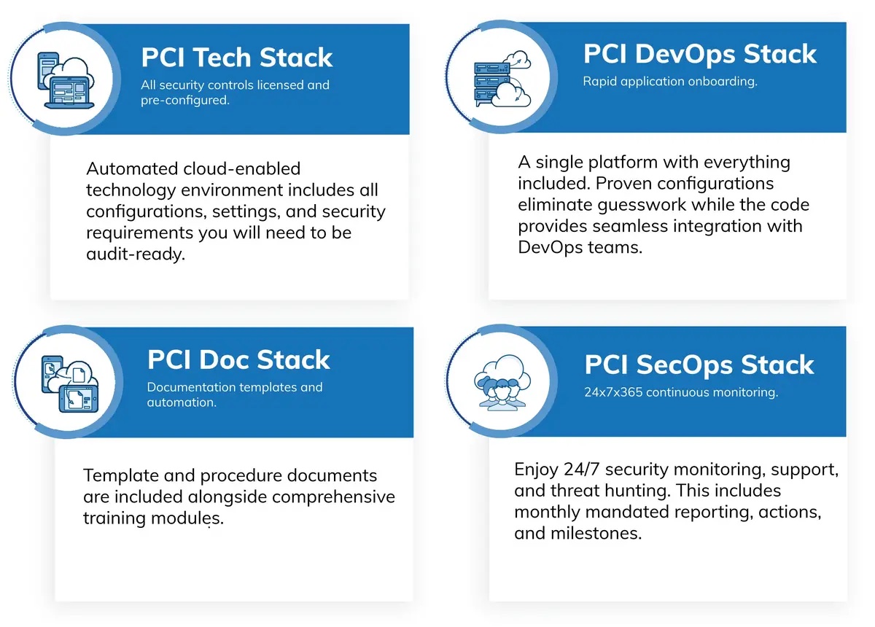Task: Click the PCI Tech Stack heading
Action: (237, 58)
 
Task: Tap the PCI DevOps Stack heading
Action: (699, 54)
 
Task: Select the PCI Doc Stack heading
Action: (238, 359)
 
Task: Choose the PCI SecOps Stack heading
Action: (699, 365)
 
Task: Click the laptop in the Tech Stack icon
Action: (69, 93)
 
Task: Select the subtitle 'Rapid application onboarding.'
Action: (670, 81)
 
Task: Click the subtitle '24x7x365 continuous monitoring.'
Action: (681, 392)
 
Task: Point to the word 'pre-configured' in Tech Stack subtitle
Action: (184, 101)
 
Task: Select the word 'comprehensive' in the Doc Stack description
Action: (333, 497)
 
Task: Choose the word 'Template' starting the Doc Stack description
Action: (121, 476)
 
